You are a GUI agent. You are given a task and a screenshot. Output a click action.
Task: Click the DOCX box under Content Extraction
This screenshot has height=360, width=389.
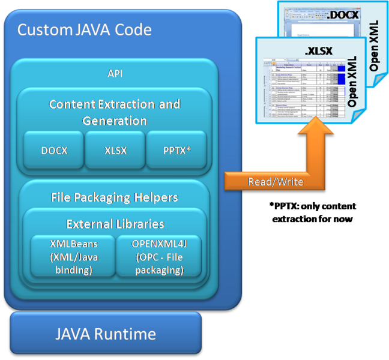coord(53,150)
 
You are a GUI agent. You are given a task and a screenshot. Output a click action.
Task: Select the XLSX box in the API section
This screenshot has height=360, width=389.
coord(114,150)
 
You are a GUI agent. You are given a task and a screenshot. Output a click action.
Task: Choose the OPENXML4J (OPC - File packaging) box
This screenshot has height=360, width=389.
coord(157,257)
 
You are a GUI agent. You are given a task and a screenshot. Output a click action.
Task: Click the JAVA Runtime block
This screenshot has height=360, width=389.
coord(106,334)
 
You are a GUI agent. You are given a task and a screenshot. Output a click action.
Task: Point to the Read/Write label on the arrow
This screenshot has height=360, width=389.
coord(276,182)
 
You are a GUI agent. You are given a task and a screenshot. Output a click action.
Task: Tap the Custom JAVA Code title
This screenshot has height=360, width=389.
coord(84,30)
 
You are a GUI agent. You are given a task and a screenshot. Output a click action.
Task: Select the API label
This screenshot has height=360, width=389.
coord(114,74)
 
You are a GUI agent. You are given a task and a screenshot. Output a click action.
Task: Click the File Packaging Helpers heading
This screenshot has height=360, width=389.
coord(114,197)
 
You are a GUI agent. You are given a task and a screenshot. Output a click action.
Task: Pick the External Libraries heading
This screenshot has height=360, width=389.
coord(114,224)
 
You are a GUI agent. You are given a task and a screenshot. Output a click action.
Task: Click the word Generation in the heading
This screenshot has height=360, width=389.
coord(114,121)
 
